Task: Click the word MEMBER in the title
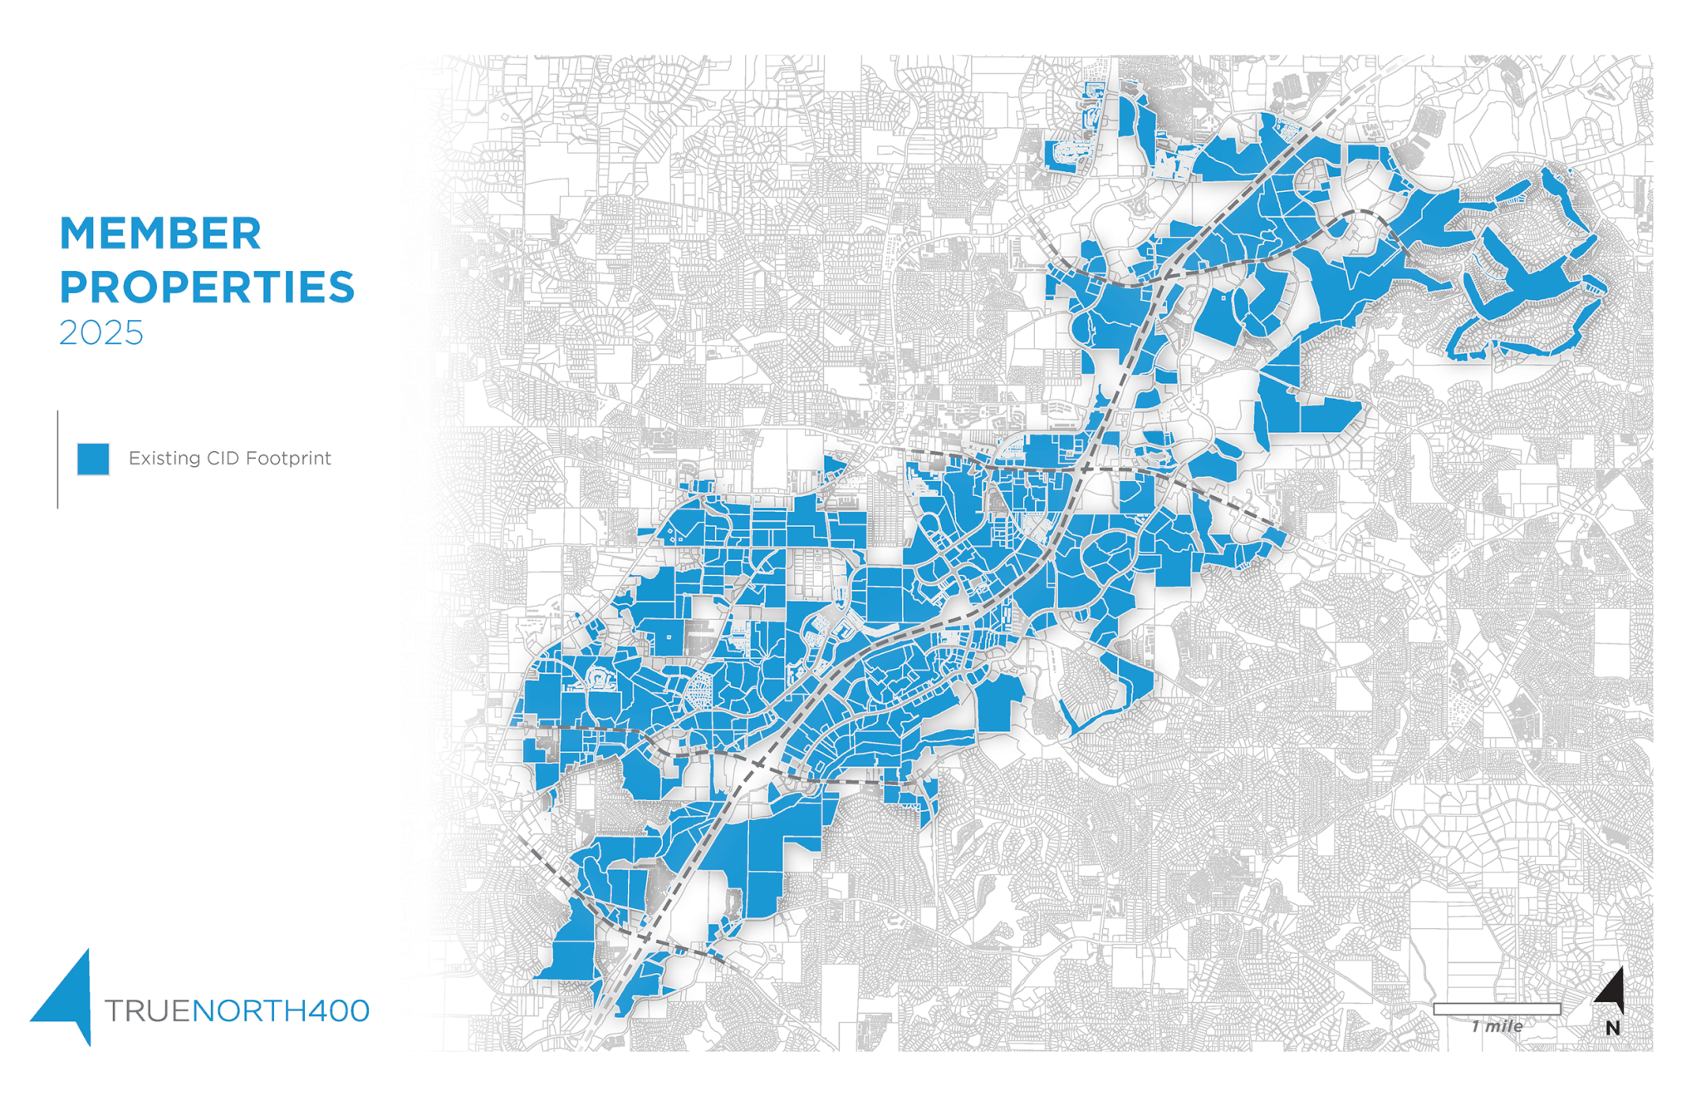[x=160, y=233]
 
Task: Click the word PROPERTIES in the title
[x=207, y=287]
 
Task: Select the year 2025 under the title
[x=100, y=333]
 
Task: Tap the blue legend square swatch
[x=93, y=459]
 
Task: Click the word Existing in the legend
[x=164, y=459]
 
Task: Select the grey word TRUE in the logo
[x=147, y=1011]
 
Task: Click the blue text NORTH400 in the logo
[x=281, y=1011]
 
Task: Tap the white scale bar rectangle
[x=1496, y=1009]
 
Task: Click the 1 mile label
[x=1497, y=1027]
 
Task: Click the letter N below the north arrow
[x=1612, y=1029]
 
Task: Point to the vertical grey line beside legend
[x=57, y=459]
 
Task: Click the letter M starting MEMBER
[x=76, y=233]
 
